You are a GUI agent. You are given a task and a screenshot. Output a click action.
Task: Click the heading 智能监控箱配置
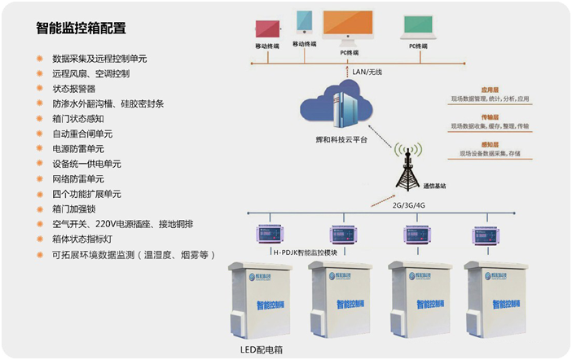pyautogui.click(x=81, y=28)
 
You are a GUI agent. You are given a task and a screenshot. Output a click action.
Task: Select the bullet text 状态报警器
pyautogui.click(x=74, y=89)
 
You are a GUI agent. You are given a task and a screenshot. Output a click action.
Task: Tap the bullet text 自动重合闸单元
pyautogui.click(x=82, y=134)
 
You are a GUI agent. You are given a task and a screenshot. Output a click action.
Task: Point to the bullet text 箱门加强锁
pyautogui.click(x=74, y=209)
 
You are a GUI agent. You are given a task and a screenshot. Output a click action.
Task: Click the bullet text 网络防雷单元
pyautogui.click(x=78, y=178)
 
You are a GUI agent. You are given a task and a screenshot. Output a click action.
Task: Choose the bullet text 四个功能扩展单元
pyautogui.click(x=86, y=194)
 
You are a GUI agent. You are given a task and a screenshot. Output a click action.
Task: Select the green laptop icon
pyautogui.click(x=418, y=27)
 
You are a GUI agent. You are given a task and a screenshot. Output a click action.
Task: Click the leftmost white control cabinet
pyautogui.click(x=261, y=297)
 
